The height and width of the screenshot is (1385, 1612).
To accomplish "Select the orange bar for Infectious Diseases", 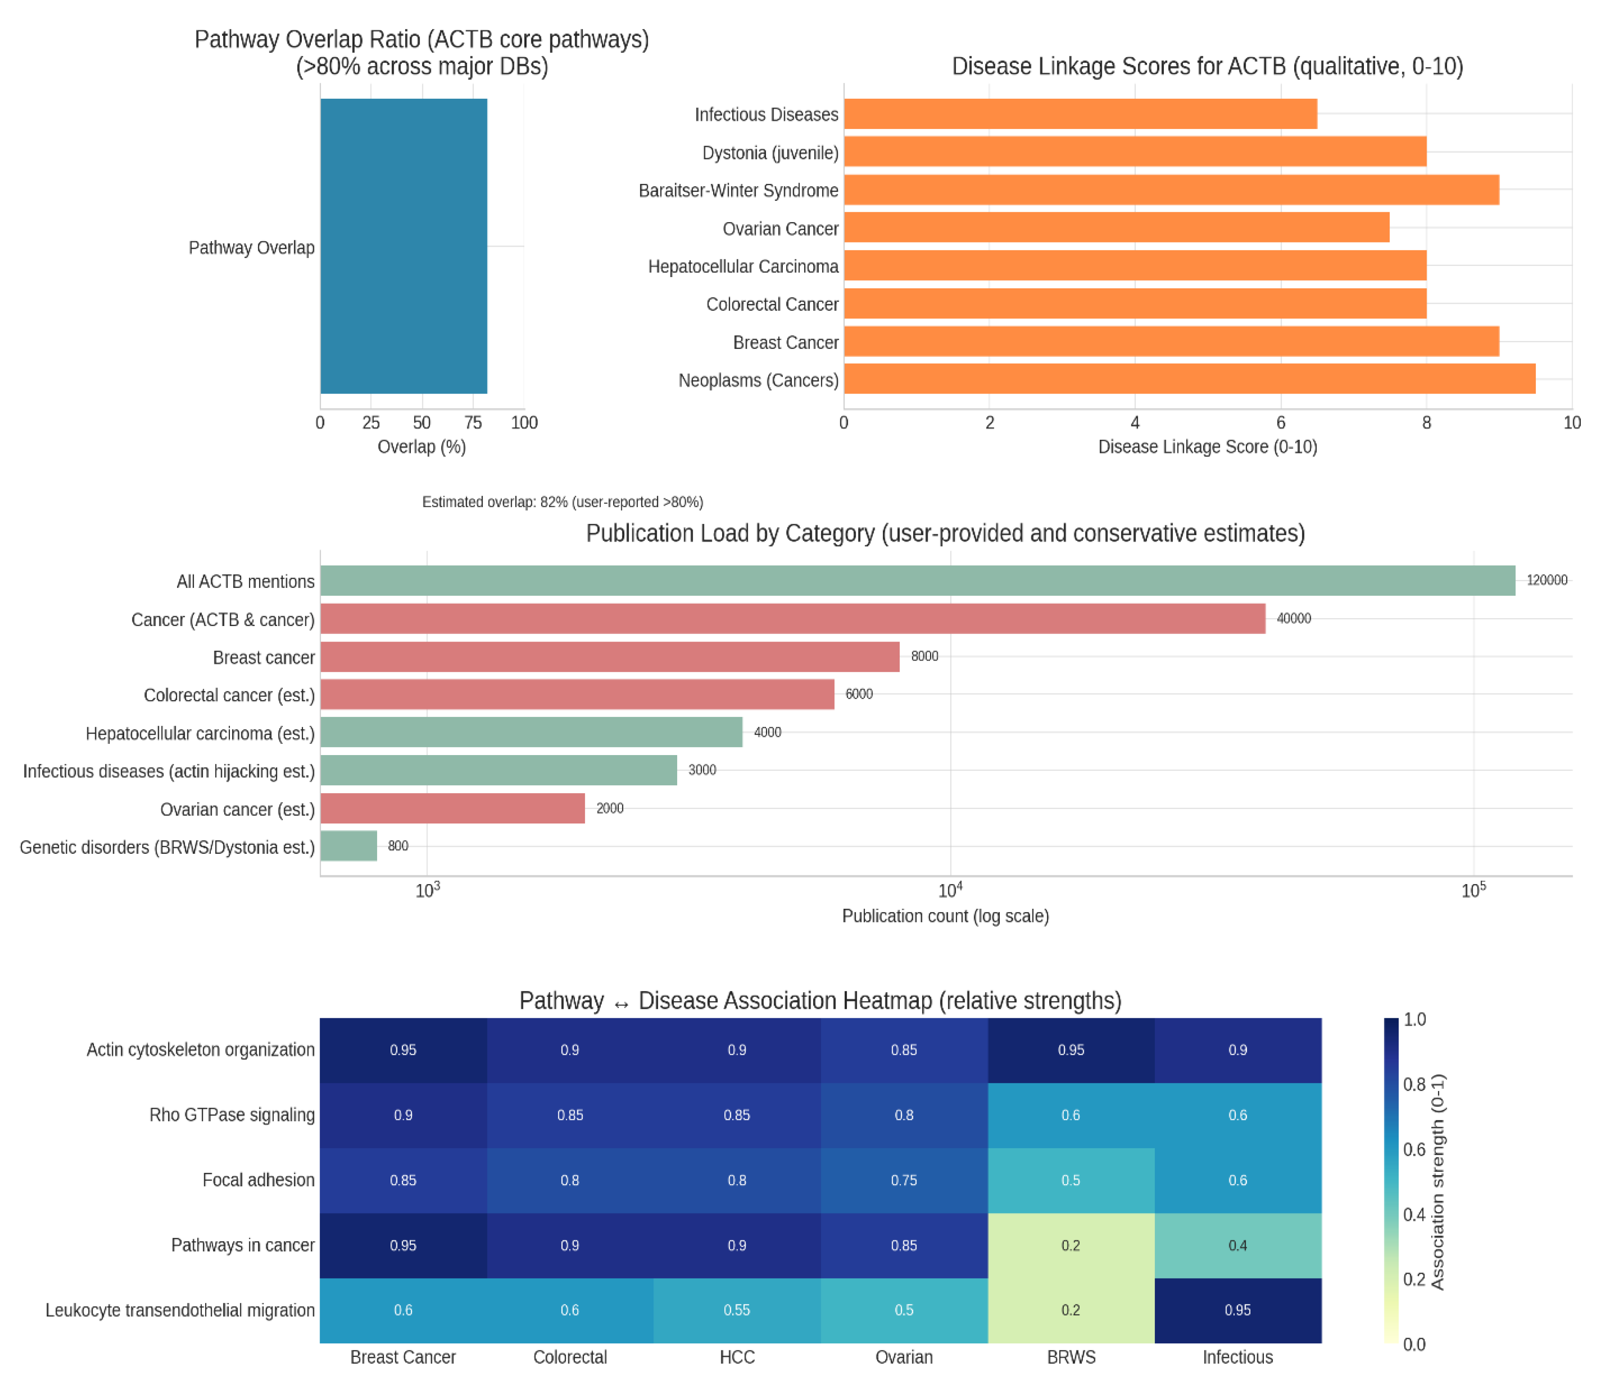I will [1080, 114].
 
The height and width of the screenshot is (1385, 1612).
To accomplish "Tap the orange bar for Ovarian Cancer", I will [1116, 228].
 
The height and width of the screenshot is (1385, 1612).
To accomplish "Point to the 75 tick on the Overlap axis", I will [473, 423].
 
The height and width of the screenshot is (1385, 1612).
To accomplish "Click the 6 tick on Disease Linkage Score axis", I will [1281, 423].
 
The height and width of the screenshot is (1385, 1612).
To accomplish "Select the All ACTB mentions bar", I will [917, 581].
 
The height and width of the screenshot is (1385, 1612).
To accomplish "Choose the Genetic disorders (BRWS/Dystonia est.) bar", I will [349, 846].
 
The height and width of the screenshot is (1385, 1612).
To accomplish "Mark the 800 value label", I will [397, 846].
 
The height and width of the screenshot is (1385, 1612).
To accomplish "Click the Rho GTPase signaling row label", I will [232, 1115].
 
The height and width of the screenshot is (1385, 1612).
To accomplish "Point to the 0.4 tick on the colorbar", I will [1414, 1214].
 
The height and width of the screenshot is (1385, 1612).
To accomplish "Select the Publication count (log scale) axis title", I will [945, 916].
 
